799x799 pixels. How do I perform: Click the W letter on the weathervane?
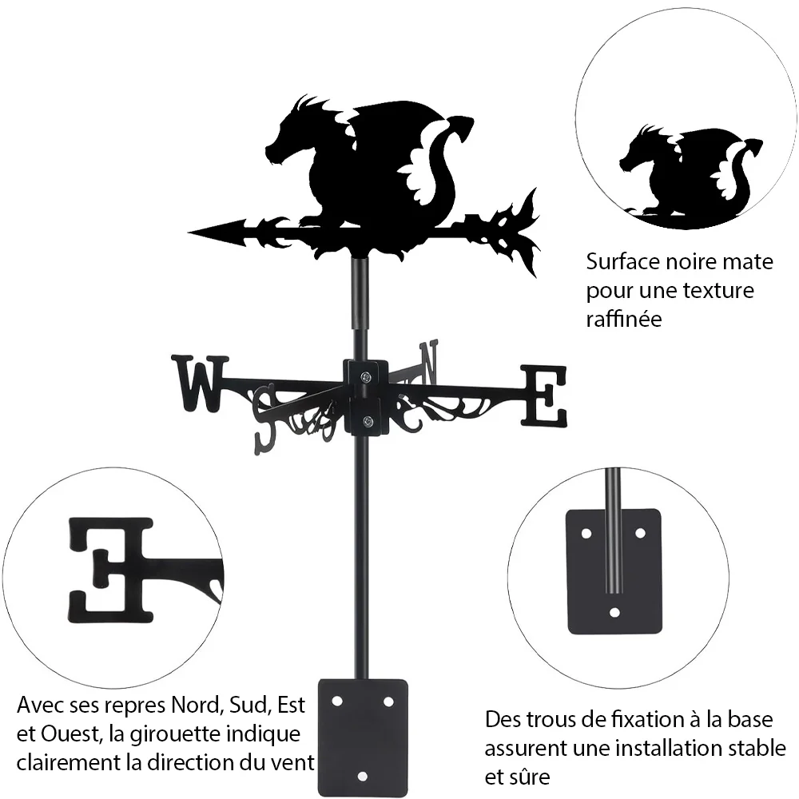pyautogui.click(x=200, y=384)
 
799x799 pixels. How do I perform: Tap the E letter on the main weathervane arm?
pyautogui.click(x=543, y=396)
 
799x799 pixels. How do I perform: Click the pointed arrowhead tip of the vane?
pyautogui.click(x=189, y=233)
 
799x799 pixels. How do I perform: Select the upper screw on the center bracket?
pyautogui.click(x=366, y=377)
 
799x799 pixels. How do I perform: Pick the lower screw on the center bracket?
pyautogui.click(x=366, y=421)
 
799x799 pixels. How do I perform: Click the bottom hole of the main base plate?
pyautogui.click(x=362, y=777)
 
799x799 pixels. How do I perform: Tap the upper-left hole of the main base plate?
pyautogui.click(x=336, y=702)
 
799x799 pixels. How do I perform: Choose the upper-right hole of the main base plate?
pyautogui.click(x=388, y=702)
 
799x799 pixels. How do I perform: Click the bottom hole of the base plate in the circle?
pyautogui.click(x=614, y=613)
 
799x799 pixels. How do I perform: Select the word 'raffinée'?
pyautogui.click(x=624, y=319)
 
